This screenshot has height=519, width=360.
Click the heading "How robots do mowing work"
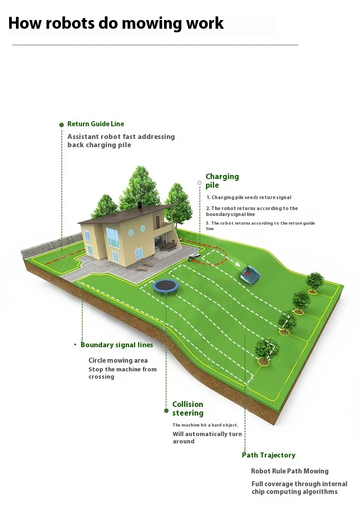(x=116, y=23)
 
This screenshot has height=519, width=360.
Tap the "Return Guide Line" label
(x=96, y=124)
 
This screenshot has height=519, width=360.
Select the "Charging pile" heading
(x=222, y=180)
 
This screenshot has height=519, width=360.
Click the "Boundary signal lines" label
(x=117, y=345)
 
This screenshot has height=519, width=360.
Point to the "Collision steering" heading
(x=188, y=408)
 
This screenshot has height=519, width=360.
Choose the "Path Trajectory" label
(x=268, y=455)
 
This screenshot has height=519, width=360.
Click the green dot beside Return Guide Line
(x=62, y=124)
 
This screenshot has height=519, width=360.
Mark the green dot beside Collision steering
(x=166, y=411)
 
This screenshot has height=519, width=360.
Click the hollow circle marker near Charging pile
(x=199, y=183)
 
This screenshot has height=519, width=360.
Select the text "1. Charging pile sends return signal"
(x=249, y=198)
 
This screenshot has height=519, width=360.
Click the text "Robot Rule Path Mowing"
(x=289, y=471)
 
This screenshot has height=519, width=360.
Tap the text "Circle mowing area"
(x=118, y=360)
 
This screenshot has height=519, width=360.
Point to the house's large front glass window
(x=112, y=237)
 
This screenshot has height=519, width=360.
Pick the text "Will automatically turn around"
(x=206, y=437)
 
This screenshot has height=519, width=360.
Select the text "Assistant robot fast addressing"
(x=121, y=137)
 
